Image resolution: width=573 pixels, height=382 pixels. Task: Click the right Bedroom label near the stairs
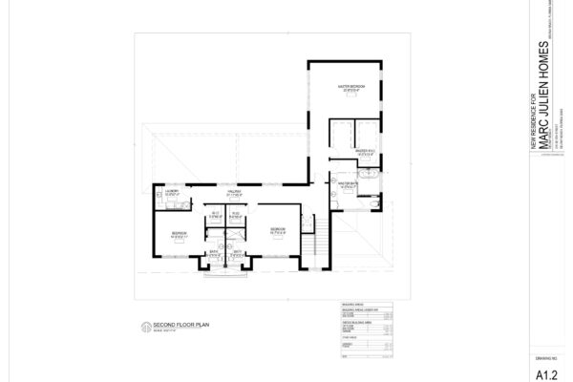point(276,230)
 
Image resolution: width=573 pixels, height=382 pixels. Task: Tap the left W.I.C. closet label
point(216,214)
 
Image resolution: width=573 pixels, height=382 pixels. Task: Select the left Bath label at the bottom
point(215,254)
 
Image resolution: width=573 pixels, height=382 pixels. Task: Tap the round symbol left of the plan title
point(144,328)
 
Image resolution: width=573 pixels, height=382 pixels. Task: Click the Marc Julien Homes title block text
point(546,95)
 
